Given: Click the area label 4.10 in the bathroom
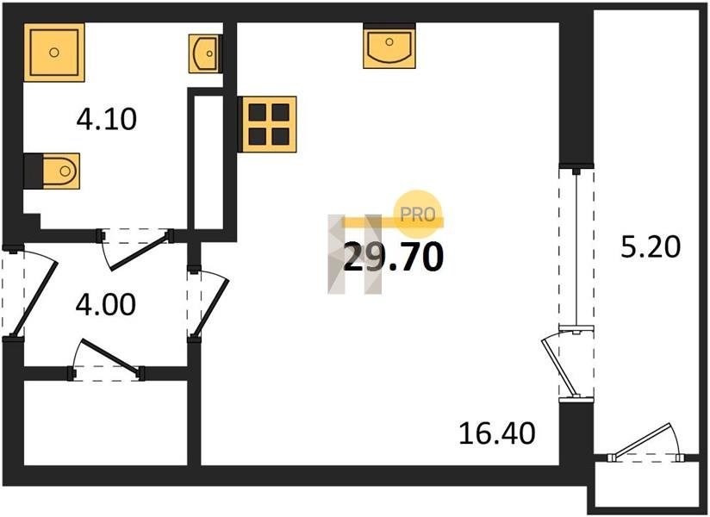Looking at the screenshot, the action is (106, 120).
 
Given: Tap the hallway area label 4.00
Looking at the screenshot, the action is (105, 304).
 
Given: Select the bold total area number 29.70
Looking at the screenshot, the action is (394, 257).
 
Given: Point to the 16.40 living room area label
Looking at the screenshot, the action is (496, 433).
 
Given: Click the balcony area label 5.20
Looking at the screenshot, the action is (651, 247).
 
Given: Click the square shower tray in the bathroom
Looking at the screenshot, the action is (54, 53).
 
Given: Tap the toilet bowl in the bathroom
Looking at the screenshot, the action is (61, 171).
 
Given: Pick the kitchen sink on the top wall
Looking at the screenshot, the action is (389, 46).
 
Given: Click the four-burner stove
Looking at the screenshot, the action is (268, 124).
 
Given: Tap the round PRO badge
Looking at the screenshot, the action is (418, 215).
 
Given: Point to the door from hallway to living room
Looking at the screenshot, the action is (208, 302).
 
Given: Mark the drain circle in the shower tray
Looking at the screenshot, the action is (54, 53).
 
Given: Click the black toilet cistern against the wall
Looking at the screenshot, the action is (33, 171).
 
